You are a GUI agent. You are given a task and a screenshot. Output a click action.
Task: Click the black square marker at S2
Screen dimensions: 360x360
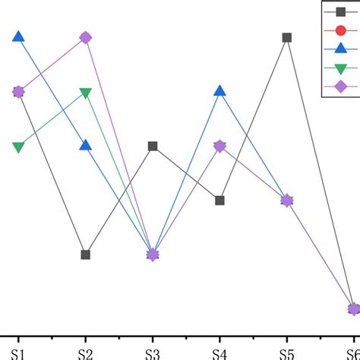click(86, 254)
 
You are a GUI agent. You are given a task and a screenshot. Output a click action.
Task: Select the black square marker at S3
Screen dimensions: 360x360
click(153, 146)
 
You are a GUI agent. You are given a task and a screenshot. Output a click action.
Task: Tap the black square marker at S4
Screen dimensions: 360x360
click(219, 201)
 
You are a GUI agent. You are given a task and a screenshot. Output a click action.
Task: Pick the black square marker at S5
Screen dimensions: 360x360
click(287, 37)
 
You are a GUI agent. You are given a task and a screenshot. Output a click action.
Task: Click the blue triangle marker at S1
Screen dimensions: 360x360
click(19, 36)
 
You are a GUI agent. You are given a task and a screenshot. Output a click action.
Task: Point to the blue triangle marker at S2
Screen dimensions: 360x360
click(86, 145)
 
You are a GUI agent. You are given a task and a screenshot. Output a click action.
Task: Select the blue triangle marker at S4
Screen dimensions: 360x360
click(219, 91)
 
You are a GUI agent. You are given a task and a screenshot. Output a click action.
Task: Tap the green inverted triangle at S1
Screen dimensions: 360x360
click(19, 147)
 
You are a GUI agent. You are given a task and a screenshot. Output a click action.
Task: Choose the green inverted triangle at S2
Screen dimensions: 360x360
click(86, 93)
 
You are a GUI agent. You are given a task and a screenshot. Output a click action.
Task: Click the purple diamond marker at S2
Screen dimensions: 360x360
click(86, 37)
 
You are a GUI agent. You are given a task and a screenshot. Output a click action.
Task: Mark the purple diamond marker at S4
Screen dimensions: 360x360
click(219, 146)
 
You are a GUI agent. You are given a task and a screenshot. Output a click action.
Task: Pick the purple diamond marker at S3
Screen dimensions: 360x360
click(153, 254)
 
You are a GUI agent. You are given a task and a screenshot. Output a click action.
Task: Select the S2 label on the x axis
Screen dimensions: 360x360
click(86, 352)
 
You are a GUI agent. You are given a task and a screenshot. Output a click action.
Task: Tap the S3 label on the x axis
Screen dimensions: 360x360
click(153, 352)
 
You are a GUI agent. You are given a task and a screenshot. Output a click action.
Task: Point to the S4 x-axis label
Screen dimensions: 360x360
click(219, 352)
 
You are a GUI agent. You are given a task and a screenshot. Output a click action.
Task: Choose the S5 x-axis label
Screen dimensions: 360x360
click(287, 352)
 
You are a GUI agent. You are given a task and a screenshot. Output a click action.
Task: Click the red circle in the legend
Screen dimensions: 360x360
click(341, 30)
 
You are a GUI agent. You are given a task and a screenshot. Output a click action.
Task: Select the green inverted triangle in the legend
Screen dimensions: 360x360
click(341, 68)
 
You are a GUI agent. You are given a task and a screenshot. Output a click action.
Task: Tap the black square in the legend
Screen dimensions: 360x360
click(341, 11)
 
